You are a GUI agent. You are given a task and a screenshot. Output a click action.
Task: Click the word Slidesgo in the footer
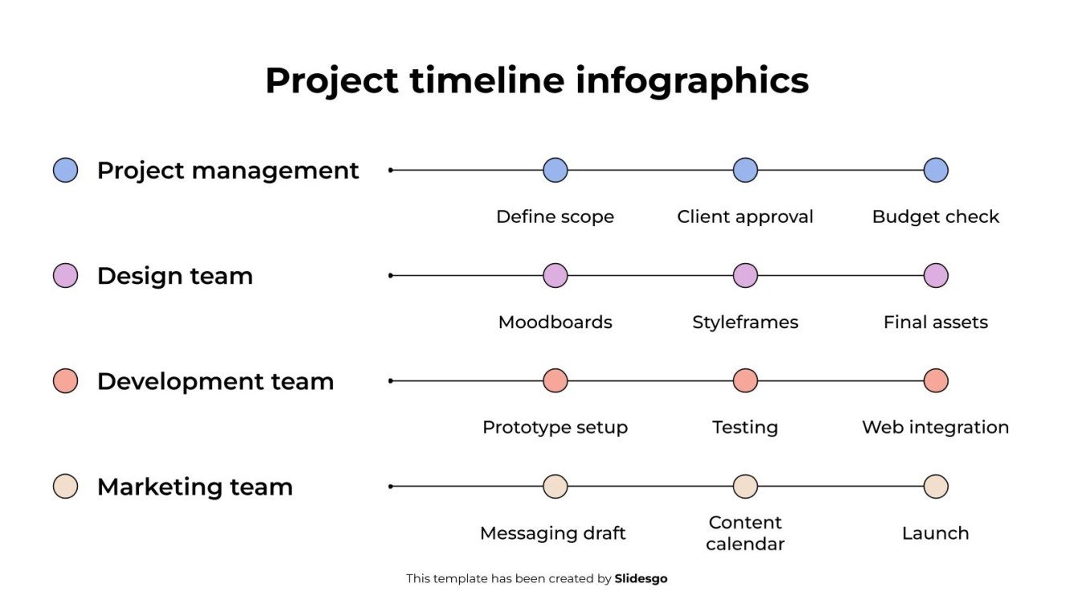click(x=641, y=578)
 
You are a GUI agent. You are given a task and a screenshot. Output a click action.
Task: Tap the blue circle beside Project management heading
click(x=65, y=170)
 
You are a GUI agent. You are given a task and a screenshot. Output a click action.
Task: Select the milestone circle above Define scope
click(x=555, y=170)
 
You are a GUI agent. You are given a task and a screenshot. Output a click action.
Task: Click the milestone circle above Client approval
click(x=746, y=170)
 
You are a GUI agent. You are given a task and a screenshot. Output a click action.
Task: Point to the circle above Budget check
click(x=936, y=170)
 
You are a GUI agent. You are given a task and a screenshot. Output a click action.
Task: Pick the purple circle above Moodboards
click(x=555, y=276)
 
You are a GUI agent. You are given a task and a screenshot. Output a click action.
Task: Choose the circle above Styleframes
click(x=746, y=276)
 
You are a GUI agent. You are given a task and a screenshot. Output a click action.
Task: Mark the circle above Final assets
click(x=936, y=276)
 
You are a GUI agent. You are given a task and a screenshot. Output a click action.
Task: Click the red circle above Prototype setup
click(x=555, y=381)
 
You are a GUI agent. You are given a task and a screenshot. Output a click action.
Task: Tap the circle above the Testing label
click(x=746, y=381)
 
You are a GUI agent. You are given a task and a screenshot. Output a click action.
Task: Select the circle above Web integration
click(x=936, y=381)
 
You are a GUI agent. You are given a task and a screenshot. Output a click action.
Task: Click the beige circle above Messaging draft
click(x=555, y=487)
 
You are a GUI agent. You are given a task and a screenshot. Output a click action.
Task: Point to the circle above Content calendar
click(x=746, y=487)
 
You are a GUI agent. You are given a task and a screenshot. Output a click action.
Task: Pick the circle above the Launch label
click(x=936, y=487)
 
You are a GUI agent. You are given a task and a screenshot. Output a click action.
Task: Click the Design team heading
click(x=175, y=276)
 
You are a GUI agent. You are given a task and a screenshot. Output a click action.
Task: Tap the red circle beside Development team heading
click(x=65, y=381)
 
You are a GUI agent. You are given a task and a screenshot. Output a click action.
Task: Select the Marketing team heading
click(x=195, y=487)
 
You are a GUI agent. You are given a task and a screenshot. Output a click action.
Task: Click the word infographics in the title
click(x=692, y=81)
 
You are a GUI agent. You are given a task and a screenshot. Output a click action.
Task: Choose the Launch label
click(x=935, y=533)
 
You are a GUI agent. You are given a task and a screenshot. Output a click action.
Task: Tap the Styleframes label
click(x=745, y=322)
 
